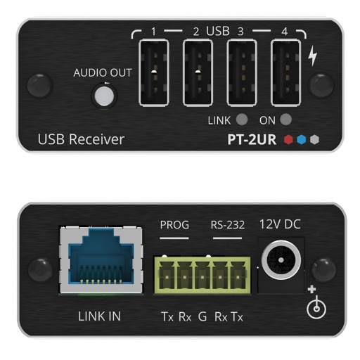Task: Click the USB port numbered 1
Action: point(154,72)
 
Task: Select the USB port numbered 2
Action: point(198,72)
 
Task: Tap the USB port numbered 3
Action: point(242,72)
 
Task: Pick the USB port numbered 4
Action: point(285,72)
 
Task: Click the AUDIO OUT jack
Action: point(104,96)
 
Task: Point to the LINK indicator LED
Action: point(242,120)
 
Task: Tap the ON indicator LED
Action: point(285,120)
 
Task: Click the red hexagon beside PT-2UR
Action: point(288,140)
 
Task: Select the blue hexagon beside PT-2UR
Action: point(302,140)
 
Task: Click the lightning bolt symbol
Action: point(313,56)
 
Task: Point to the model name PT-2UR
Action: point(252,140)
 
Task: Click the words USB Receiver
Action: point(81,139)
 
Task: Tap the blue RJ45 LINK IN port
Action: point(101,259)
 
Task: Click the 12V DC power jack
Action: point(281,259)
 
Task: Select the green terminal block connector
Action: point(202,274)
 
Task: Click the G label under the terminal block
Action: point(202,316)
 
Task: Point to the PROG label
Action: point(174,225)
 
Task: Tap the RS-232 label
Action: point(228,225)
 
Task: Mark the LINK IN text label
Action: point(99,316)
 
